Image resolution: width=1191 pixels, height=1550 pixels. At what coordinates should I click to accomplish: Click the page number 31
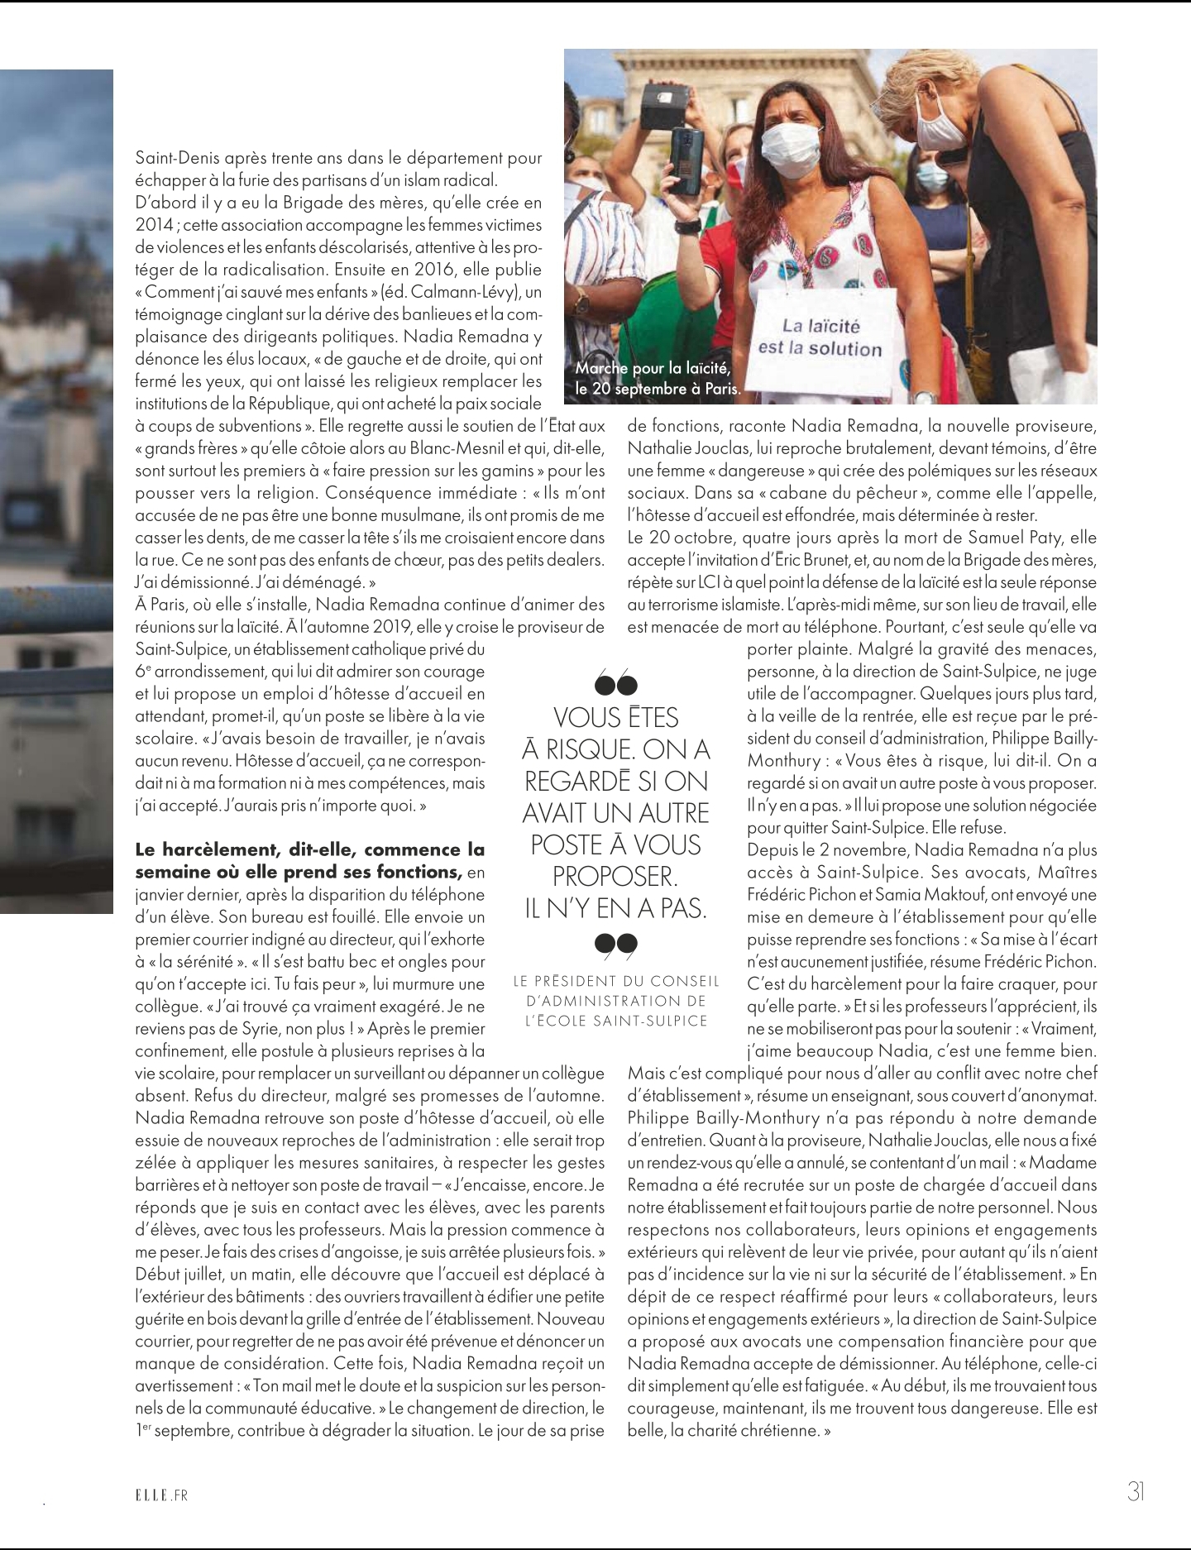1135,1490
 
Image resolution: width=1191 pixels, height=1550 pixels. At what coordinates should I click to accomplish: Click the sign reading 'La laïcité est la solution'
820,337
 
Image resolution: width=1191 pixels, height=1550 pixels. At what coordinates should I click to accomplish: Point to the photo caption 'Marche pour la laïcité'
653,368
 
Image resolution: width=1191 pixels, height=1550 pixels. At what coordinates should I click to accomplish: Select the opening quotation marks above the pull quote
616,684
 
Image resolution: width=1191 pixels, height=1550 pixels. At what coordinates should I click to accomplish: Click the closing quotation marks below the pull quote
616,945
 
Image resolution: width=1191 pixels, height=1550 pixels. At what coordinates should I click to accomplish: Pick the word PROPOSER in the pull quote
615,876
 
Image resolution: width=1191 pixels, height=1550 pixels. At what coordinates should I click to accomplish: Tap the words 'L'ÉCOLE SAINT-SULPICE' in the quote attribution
616,1021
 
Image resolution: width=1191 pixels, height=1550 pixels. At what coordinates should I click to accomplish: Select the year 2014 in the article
153,225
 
